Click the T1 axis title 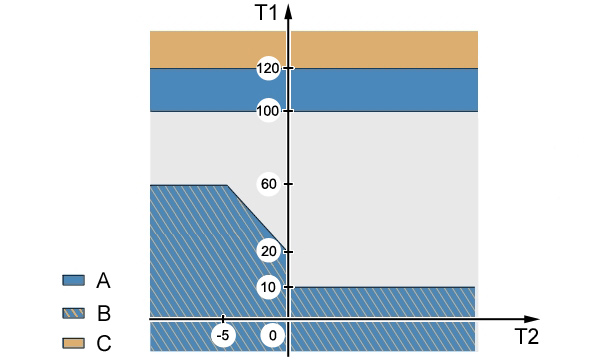[x=266, y=12]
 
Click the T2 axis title [x=526, y=336]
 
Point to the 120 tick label [x=268, y=69]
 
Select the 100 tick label [x=268, y=111]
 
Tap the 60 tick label [x=269, y=184]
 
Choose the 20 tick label [x=269, y=251]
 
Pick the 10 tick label [x=269, y=287]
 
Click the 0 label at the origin [x=273, y=336]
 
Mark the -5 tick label [x=223, y=336]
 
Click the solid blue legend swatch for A [x=73, y=280]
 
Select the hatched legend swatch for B [x=73, y=313]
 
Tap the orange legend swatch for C [x=73, y=343]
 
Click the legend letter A [x=103, y=281]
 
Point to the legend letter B [x=104, y=314]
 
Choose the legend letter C [x=104, y=344]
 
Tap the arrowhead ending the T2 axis [x=531, y=319]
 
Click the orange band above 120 [x=314, y=49]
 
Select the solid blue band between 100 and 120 [x=314, y=90]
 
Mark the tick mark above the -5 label [x=223, y=318]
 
